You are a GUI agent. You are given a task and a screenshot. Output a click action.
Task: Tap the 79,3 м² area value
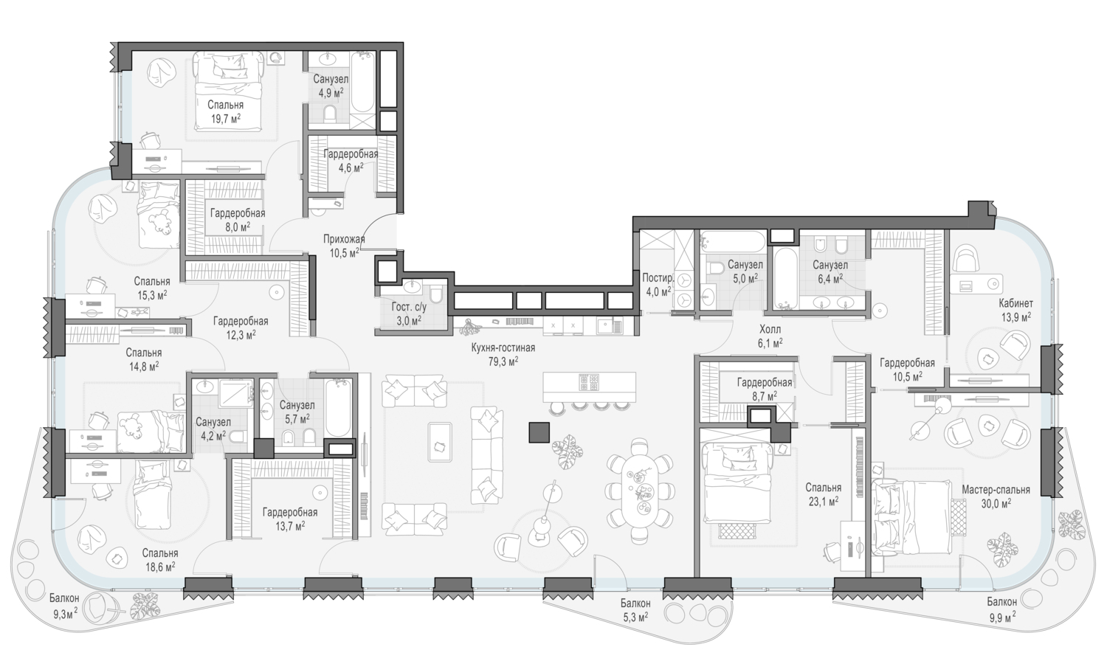coord(503,361)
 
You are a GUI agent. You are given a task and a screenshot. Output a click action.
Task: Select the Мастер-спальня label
coord(996,490)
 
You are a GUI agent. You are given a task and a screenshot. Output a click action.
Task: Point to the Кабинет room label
coord(1015,303)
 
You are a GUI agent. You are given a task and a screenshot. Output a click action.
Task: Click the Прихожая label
coord(344,240)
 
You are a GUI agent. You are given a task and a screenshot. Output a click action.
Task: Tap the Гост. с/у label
coord(409,307)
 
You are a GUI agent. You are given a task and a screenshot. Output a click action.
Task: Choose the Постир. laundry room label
coord(658,277)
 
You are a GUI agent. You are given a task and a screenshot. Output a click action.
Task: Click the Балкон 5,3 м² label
coord(635,610)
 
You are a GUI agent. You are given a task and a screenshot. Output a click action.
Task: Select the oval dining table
coord(641,490)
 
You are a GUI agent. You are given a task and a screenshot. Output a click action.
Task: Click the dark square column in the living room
coord(539,432)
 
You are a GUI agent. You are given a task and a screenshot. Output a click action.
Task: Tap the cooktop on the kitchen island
coord(589,382)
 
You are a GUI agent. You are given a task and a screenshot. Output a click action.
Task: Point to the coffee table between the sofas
coord(440,442)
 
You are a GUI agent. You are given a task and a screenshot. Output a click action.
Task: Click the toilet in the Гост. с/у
coord(436,295)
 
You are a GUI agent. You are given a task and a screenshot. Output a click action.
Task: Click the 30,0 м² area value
coord(996,502)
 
